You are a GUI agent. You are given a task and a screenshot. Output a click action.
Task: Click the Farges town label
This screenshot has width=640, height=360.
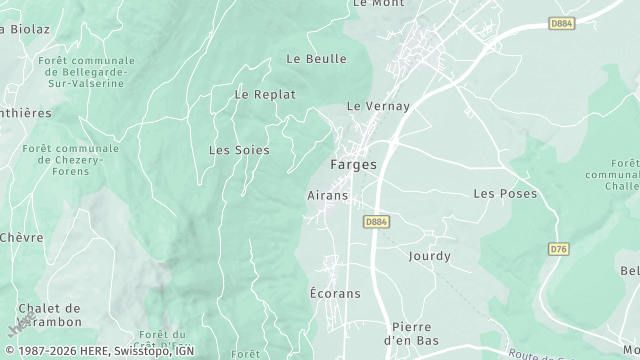click(x=353, y=165)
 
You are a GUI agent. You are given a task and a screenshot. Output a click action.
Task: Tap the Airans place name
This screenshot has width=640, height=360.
click(x=327, y=196)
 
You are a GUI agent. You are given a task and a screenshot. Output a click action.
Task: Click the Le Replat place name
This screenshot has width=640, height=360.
click(x=265, y=94)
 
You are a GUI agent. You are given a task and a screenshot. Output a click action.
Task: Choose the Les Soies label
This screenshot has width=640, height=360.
click(x=238, y=150)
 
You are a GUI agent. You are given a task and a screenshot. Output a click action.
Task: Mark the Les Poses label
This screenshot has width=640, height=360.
click(x=505, y=193)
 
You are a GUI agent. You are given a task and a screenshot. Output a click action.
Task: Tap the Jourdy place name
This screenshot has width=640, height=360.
click(x=429, y=256)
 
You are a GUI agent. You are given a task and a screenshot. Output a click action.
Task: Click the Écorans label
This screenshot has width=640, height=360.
click(x=328, y=294)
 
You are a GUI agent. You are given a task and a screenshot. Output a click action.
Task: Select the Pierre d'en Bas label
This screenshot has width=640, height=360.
click(x=410, y=333)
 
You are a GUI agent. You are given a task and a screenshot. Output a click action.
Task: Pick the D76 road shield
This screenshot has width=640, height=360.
click(x=559, y=248)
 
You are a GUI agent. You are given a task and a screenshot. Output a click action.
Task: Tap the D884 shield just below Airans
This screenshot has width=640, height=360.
click(x=376, y=222)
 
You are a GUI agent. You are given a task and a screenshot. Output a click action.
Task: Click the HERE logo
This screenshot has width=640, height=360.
click(x=21, y=326)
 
